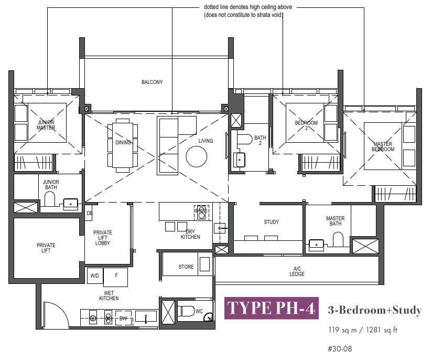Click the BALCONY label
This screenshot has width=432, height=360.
(x=152, y=82)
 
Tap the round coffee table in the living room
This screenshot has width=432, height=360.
(x=197, y=156)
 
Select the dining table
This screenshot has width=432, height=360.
(x=123, y=145)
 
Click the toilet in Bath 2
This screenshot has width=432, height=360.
(x=245, y=139)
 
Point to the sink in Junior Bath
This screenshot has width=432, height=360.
(x=71, y=204)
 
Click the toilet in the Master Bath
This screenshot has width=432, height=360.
(x=338, y=239)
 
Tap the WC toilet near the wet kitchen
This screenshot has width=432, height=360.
(x=187, y=311)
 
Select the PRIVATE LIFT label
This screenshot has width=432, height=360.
(x=46, y=248)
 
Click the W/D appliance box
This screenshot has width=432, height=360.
(x=95, y=276)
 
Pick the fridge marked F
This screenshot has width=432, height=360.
(x=116, y=277)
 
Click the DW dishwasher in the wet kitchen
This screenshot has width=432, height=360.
(x=123, y=319)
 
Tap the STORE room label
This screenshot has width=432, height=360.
(x=186, y=267)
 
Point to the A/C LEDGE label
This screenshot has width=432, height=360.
(x=297, y=271)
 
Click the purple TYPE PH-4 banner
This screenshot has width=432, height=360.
(x=272, y=308)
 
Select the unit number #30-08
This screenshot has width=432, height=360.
(x=340, y=349)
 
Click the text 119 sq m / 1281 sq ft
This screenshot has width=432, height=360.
(x=363, y=330)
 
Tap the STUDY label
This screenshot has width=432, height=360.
(x=272, y=222)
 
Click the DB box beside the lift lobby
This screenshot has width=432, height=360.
(x=89, y=213)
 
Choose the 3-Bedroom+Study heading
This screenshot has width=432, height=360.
(x=375, y=310)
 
